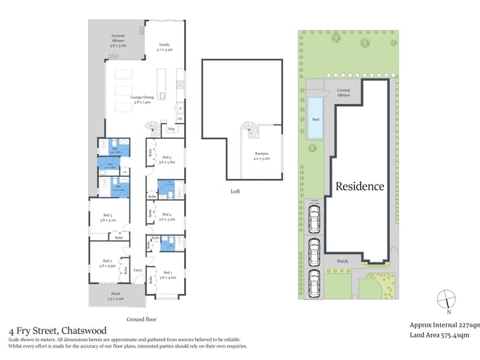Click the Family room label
(164, 46)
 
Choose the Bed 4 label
(167, 215)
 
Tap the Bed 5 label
(167, 158)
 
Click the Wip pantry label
(171, 129)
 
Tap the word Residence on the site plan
(359, 186)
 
